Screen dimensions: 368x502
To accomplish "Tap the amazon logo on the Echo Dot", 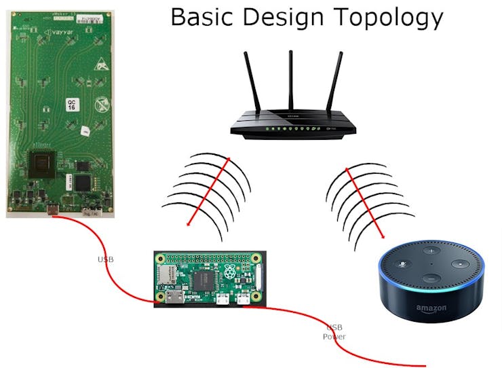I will [x=431, y=309].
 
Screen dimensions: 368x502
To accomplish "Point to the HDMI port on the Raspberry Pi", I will [x=175, y=297].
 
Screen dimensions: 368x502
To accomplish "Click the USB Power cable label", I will [x=334, y=331].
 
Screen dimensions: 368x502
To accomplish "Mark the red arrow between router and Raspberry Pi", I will [x=208, y=191].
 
